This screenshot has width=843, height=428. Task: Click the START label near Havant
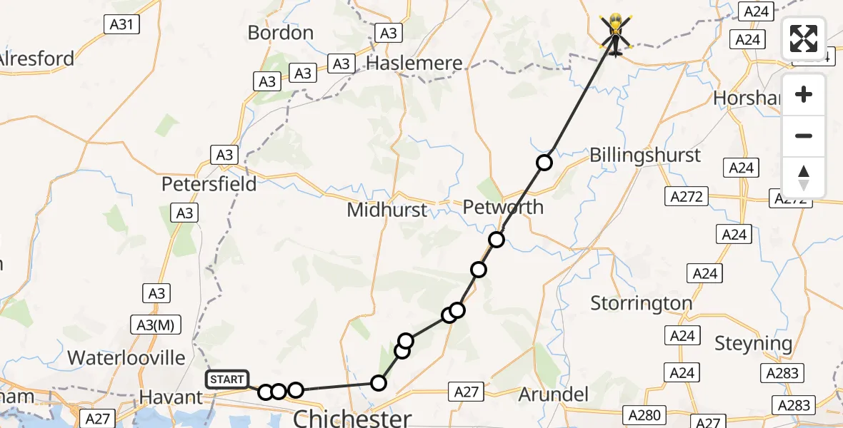point(227,379)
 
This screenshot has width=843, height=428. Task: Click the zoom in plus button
point(804,94)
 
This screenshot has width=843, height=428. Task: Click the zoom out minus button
point(804,136)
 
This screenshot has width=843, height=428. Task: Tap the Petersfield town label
point(209,183)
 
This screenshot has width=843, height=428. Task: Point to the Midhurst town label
point(386,210)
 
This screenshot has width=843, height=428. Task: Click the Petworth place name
point(503,208)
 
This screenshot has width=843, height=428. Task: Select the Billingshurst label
point(645,156)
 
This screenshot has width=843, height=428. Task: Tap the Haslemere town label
point(414,63)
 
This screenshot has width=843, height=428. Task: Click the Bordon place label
point(281,33)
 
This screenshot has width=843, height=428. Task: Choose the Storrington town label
point(642,303)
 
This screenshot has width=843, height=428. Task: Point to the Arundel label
point(554,394)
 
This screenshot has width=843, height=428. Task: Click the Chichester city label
point(352,417)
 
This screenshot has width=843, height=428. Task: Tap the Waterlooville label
point(126,357)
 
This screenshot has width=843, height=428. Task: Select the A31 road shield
point(122,24)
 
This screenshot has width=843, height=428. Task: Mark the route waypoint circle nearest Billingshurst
point(544,163)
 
